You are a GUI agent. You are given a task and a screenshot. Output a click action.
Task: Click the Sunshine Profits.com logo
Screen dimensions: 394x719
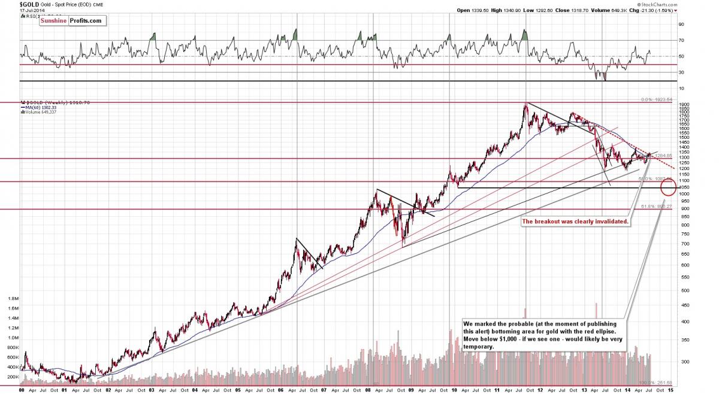click(x=72, y=21)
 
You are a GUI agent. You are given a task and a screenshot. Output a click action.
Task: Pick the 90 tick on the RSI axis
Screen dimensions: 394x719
click(x=681, y=25)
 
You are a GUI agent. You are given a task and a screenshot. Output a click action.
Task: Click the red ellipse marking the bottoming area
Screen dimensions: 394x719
click(x=668, y=188)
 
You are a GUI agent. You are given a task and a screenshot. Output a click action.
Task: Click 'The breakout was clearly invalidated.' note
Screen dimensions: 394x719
click(x=575, y=222)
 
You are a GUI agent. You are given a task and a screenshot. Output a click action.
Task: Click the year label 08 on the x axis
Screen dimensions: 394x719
click(x=373, y=390)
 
